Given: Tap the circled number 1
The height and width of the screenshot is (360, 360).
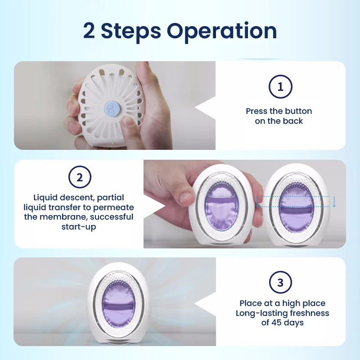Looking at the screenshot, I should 280,87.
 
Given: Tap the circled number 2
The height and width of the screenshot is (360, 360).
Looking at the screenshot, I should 80,177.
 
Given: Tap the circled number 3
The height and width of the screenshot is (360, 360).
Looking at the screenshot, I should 280,283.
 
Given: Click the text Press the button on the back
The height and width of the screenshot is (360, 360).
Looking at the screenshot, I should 279,116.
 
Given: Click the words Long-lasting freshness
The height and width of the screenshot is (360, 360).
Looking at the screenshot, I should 282,313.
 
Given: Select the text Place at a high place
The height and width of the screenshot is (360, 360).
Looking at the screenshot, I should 282,303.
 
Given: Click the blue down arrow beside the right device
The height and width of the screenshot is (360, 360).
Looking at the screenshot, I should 334,202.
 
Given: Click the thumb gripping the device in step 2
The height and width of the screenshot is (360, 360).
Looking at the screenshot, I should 184,194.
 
